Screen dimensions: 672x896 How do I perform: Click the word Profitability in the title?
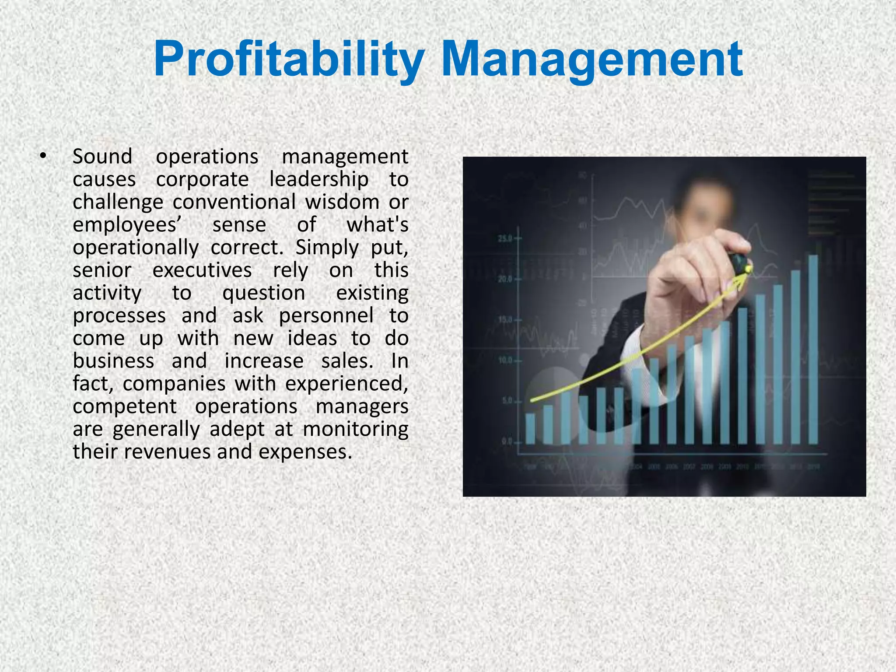click(289, 59)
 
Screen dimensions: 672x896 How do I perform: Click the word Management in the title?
click(591, 59)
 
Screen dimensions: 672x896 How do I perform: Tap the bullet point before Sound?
click(42, 156)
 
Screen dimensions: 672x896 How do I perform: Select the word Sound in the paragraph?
click(102, 157)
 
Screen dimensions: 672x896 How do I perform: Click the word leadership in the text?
click(318, 179)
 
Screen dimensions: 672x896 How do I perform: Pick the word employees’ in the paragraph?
click(127, 225)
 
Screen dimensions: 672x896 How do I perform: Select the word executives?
click(202, 270)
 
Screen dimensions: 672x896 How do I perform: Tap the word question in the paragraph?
click(263, 293)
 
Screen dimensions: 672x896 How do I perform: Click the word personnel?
click(326, 316)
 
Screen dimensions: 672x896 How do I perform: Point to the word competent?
click(125, 407)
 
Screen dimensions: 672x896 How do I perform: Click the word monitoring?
click(355, 429)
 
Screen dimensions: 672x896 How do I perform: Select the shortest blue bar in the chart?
click(530, 429)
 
